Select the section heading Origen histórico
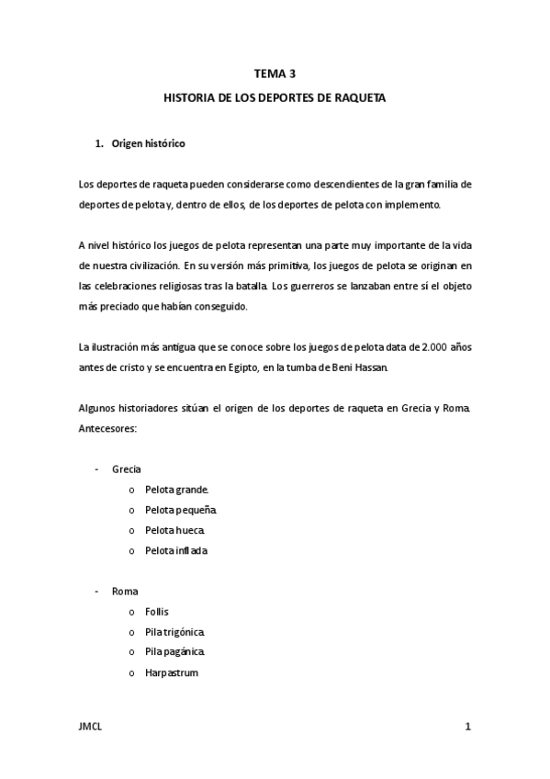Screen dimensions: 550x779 (x=148, y=144)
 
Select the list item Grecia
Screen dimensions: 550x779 (x=127, y=469)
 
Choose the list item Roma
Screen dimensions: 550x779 (x=125, y=591)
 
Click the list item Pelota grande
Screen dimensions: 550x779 (x=176, y=489)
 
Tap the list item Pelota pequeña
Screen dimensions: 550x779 (x=180, y=509)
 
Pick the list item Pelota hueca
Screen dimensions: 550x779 (x=174, y=530)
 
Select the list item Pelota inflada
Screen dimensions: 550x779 (x=176, y=550)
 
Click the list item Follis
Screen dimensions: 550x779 (x=157, y=611)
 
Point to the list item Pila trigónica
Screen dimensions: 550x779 (x=174, y=632)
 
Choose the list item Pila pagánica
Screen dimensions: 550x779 (x=174, y=652)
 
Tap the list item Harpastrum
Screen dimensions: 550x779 (x=171, y=672)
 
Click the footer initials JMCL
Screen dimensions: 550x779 (x=90, y=727)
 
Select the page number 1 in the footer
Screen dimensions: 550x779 (x=467, y=727)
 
